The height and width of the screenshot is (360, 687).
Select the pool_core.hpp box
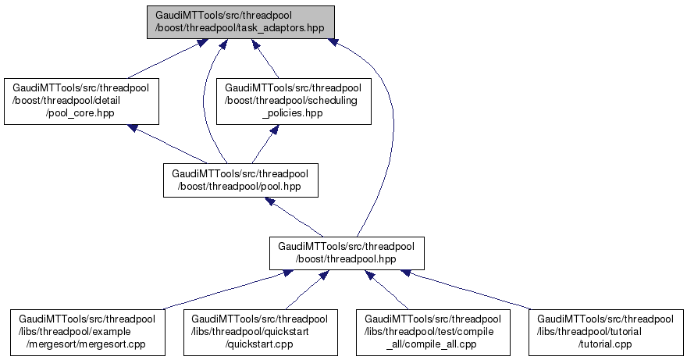point(82,101)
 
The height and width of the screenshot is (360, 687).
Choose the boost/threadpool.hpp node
point(347,251)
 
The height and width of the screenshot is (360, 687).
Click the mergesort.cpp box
point(87,330)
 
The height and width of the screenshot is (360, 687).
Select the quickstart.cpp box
point(261,330)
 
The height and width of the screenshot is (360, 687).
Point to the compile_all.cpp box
point(434,330)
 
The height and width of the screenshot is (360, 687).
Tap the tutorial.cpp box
point(607,330)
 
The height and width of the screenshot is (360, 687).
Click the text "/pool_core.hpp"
point(82,112)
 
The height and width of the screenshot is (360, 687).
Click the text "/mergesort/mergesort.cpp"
point(87,342)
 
